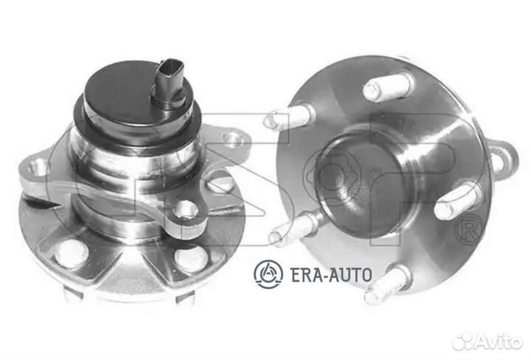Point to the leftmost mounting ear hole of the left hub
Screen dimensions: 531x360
37,167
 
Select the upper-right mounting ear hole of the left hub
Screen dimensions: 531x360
233,139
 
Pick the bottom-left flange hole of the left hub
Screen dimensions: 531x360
71,254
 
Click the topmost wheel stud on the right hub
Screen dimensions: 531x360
389,86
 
